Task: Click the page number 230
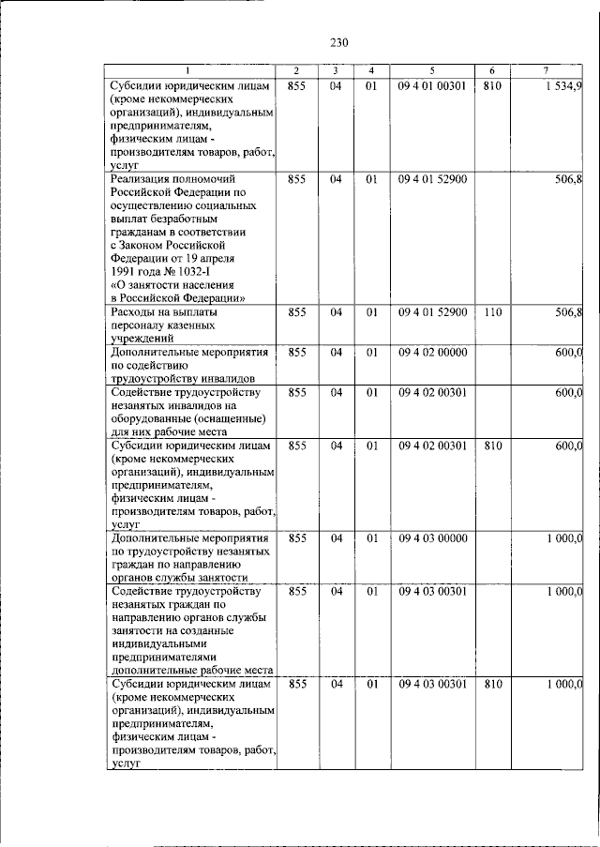tap(338, 42)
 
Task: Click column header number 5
tap(432, 72)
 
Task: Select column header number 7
tap(546, 72)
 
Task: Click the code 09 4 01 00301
tap(432, 87)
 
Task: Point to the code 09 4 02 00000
tap(432, 352)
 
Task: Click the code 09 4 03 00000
tap(432, 538)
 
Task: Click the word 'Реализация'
tap(142, 178)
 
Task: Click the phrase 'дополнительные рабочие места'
tap(191, 672)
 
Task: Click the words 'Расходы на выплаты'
tap(164, 312)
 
